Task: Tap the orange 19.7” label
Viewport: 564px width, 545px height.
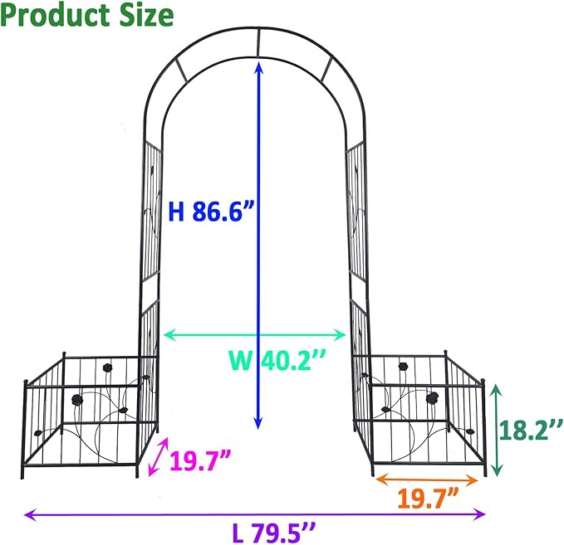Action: (429, 499)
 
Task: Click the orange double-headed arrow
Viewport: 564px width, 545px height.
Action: (429, 479)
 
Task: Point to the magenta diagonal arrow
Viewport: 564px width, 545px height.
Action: (157, 457)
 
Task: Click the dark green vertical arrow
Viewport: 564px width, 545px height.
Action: (496, 430)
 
